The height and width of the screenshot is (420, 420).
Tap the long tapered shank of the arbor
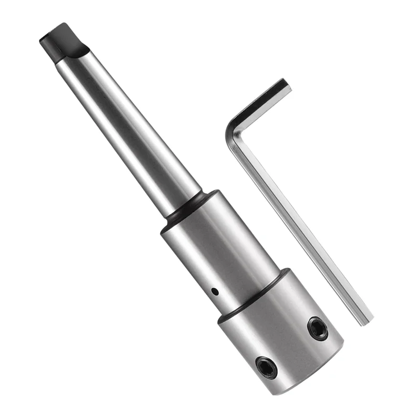pyautogui.click(x=131, y=131)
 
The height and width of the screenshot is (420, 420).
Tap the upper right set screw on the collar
pyautogui.click(x=318, y=328)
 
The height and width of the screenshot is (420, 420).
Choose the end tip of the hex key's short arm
pyautogui.click(x=286, y=85)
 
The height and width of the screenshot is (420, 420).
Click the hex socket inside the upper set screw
pyautogui.click(x=318, y=329)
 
